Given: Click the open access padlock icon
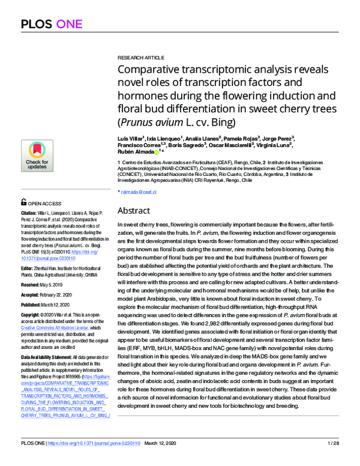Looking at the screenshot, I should [23, 204].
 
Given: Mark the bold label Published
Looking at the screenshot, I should [33, 304].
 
